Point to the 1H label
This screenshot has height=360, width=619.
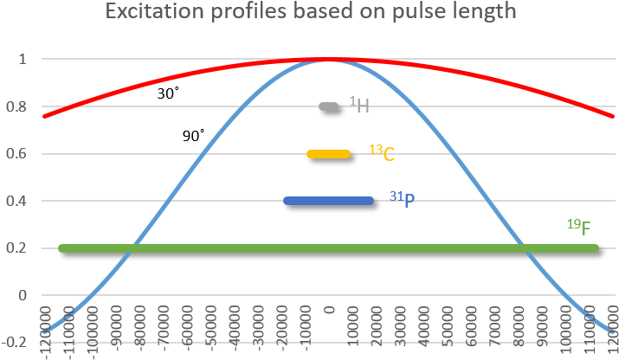(x=360, y=106)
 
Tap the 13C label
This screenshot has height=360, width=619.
(x=382, y=153)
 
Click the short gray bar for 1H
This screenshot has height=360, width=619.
(x=328, y=106)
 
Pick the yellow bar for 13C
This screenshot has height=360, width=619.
(x=328, y=154)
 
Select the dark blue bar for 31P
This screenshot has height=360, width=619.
(x=328, y=201)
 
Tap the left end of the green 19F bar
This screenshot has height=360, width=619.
(x=61, y=248)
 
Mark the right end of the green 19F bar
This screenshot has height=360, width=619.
(x=595, y=248)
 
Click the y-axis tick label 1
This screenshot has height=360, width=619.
(x=23, y=60)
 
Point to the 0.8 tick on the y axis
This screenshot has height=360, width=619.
(x=18, y=107)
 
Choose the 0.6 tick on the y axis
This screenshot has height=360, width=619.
(x=18, y=154)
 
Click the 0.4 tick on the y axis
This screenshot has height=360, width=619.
(x=18, y=202)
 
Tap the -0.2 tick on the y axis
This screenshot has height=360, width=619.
(x=16, y=343)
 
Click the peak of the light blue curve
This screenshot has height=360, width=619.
(x=328, y=61)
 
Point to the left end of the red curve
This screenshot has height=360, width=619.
(x=44, y=115)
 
